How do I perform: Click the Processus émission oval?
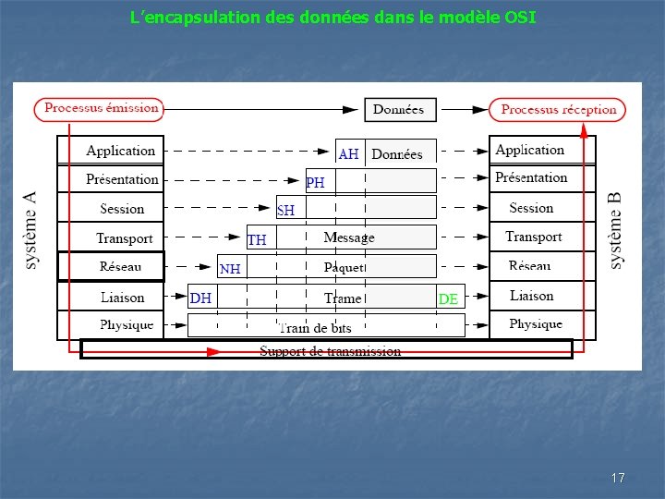pos(99,109)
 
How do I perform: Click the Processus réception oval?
pos(558,110)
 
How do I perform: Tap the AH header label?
pos(348,154)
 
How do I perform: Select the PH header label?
pos(315,183)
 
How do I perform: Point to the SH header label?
pos(285,211)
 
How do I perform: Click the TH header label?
pos(257,239)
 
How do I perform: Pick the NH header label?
pos(230,269)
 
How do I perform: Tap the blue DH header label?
pos(200,298)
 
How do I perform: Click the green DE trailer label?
pos(448,299)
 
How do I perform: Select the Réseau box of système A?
pos(111,267)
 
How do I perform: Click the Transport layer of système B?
pos(533,237)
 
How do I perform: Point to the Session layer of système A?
pos(122,209)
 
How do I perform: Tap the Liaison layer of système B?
pos(532,296)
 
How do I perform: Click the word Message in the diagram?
pos(349,237)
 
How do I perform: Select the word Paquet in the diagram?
pos(344,267)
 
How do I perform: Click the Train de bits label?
pos(315,327)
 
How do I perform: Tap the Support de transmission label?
pos(330,351)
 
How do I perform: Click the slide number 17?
pos(618,478)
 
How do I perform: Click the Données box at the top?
pos(398,110)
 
